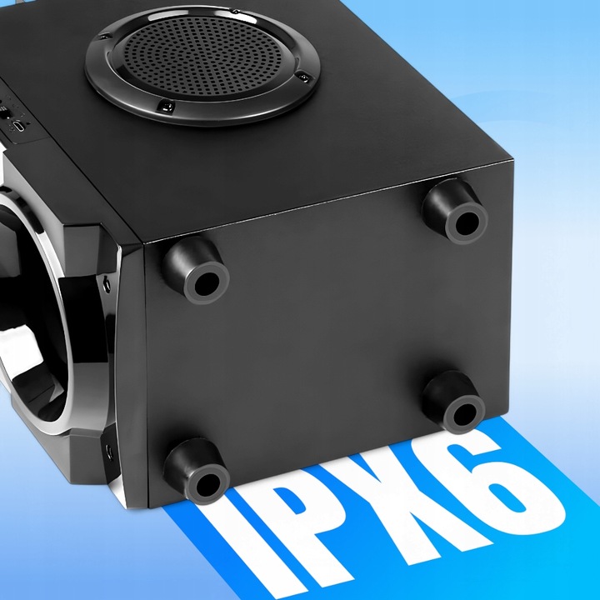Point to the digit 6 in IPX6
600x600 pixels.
click(x=521, y=479)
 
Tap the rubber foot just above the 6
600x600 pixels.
click(x=454, y=402)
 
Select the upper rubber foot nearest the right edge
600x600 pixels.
click(x=456, y=211)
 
